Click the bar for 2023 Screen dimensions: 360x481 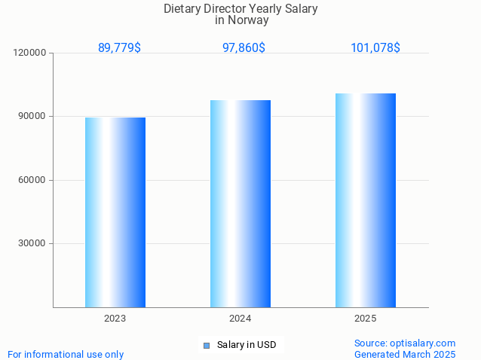click(x=115, y=212)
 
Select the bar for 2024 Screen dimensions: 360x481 click(x=240, y=203)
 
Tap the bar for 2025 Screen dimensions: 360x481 click(x=366, y=200)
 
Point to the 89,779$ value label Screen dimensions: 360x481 click(x=119, y=47)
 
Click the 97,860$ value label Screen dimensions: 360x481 click(x=244, y=47)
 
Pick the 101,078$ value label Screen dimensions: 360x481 click(x=375, y=47)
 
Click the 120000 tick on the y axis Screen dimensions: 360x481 click(x=30, y=53)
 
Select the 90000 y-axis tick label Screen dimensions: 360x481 click(x=32, y=116)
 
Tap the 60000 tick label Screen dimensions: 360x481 click(x=32, y=180)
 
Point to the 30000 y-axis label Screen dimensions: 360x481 click(x=32, y=243)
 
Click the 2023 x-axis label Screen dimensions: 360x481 click(x=115, y=319)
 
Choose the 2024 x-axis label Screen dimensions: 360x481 click(x=240, y=319)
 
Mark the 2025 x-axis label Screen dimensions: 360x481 click(x=366, y=319)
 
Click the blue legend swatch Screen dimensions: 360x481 click(x=206, y=346)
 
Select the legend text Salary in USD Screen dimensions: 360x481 click(x=247, y=346)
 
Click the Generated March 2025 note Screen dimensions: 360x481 click(x=405, y=354)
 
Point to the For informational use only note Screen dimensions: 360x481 click(x=66, y=354)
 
